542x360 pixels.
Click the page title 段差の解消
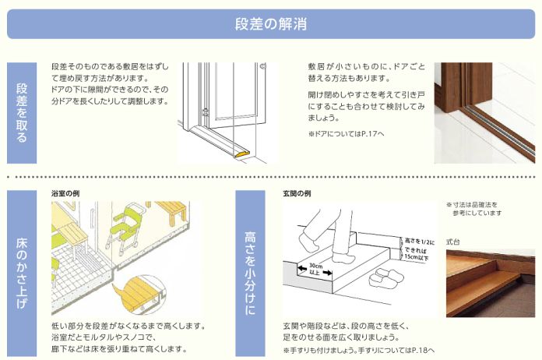pyautogui.click(x=270, y=23)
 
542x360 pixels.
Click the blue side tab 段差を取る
pyautogui.click(x=22, y=112)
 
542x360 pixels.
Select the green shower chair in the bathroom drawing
pyautogui.click(x=124, y=226)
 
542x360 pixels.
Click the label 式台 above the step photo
pyautogui.click(x=452, y=242)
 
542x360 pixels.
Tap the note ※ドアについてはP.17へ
pyautogui.click(x=346, y=134)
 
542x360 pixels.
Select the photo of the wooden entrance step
pyautogui.click(x=490, y=284)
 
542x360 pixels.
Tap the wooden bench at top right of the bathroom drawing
pyautogui.click(x=171, y=210)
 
